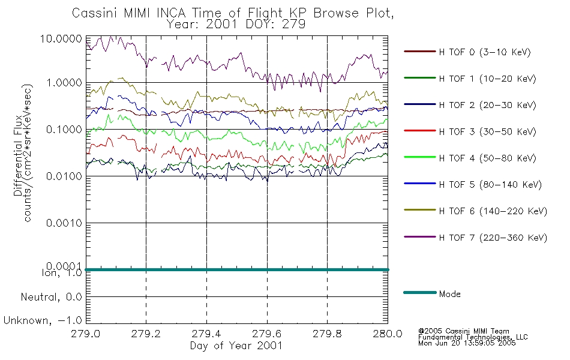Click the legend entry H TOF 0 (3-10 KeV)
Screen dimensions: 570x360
(485, 52)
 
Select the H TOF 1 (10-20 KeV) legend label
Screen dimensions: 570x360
(487, 79)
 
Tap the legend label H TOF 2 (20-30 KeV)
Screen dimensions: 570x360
(487, 105)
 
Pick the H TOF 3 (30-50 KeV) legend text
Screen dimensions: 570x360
(487, 131)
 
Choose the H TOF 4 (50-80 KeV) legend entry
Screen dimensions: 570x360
(487, 158)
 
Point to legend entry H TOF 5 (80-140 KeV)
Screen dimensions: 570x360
(490, 185)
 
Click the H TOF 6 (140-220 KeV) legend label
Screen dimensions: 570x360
(493, 211)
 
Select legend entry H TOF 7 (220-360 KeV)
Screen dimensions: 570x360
(493, 238)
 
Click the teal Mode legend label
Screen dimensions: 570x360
(449, 294)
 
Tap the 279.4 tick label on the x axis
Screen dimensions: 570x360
(206, 334)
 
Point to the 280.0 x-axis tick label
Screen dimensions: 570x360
(388, 334)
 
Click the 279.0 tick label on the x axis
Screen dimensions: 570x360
(85, 334)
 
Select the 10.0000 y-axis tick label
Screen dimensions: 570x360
(61, 38)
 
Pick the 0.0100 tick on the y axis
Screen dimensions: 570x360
(64, 176)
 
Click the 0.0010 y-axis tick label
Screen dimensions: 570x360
(64, 223)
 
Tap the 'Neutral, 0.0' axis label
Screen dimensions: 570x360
(51, 297)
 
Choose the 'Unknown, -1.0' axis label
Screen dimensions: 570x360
(43, 320)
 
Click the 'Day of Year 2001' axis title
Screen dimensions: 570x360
(236, 346)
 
